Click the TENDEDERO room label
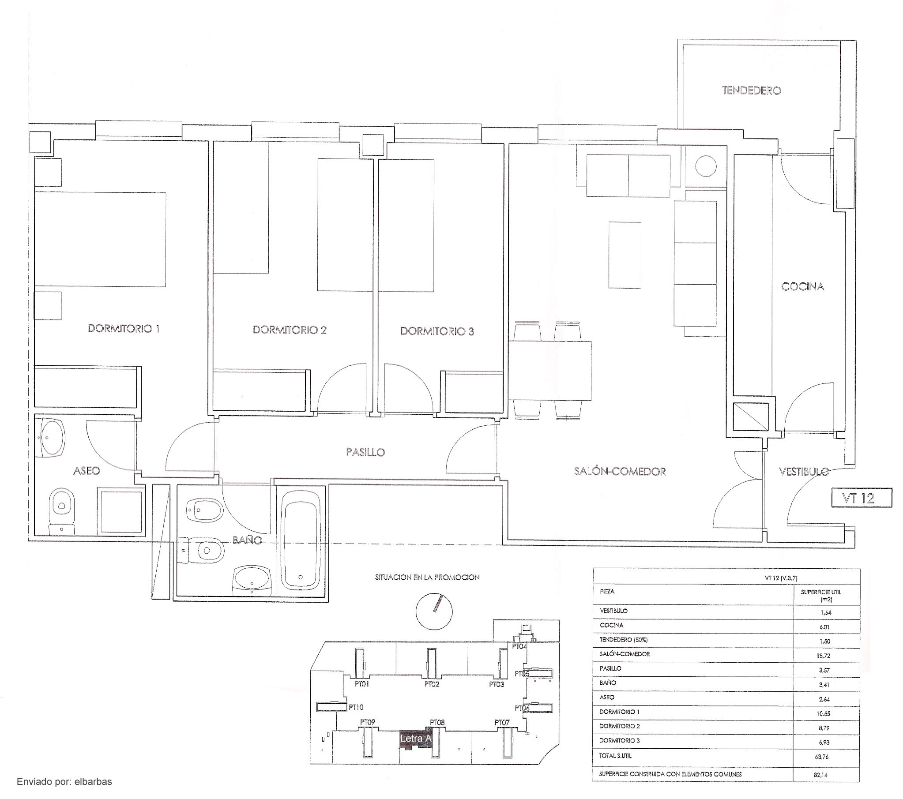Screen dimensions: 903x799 [752, 90]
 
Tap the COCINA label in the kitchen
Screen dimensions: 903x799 [803, 287]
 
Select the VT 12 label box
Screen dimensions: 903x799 [862, 498]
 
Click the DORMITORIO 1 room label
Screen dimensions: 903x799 [124, 329]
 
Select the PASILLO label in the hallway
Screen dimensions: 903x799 [365, 452]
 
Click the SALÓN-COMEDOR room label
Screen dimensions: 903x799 [620, 471]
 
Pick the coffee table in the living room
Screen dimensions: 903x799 [625, 255]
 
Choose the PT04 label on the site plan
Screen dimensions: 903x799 [519, 646]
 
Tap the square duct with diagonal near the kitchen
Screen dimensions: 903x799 [751, 416]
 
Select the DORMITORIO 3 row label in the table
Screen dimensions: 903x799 [619, 740]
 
